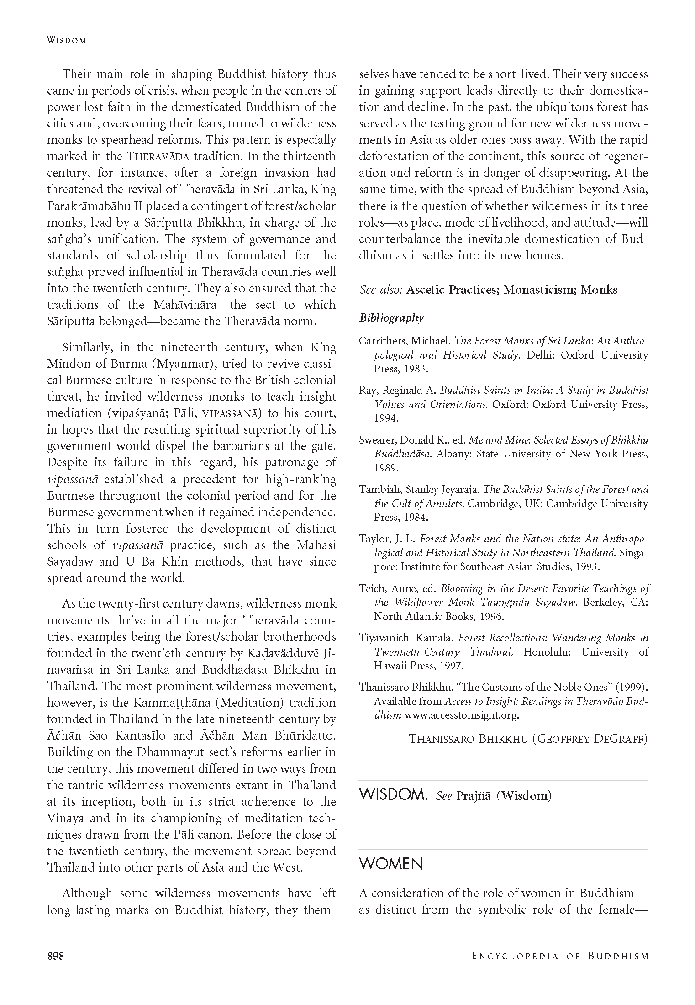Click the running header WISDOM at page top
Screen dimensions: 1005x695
pyautogui.click(x=67, y=40)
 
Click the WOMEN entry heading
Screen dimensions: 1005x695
pyautogui.click(x=391, y=863)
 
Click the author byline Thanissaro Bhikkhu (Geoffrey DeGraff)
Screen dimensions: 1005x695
pyautogui.click(x=528, y=739)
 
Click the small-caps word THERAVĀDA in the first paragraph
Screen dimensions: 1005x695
pyautogui.click(x=158, y=157)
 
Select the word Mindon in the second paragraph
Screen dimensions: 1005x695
pyautogui.click(x=70, y=364)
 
